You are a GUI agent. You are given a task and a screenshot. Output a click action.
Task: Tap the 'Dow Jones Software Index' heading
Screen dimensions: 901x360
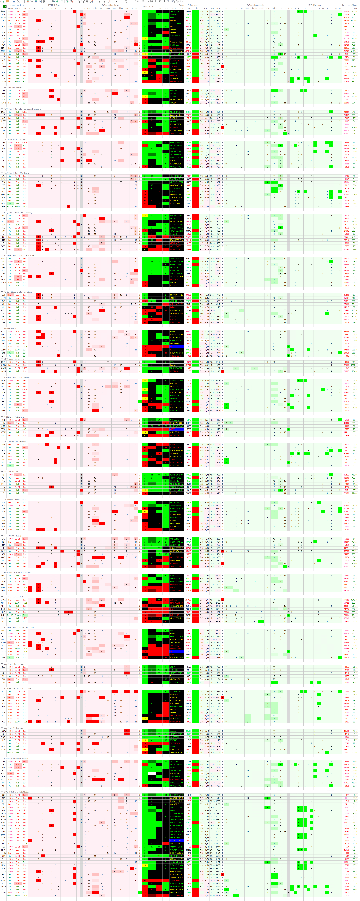click(14, 597)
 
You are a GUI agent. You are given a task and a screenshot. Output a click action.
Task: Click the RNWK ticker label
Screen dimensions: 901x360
click(4, 368)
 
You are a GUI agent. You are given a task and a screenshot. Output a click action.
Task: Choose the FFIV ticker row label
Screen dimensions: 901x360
click(4, 423)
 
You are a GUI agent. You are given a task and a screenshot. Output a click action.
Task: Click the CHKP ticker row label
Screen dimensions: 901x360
click(4, 618)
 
